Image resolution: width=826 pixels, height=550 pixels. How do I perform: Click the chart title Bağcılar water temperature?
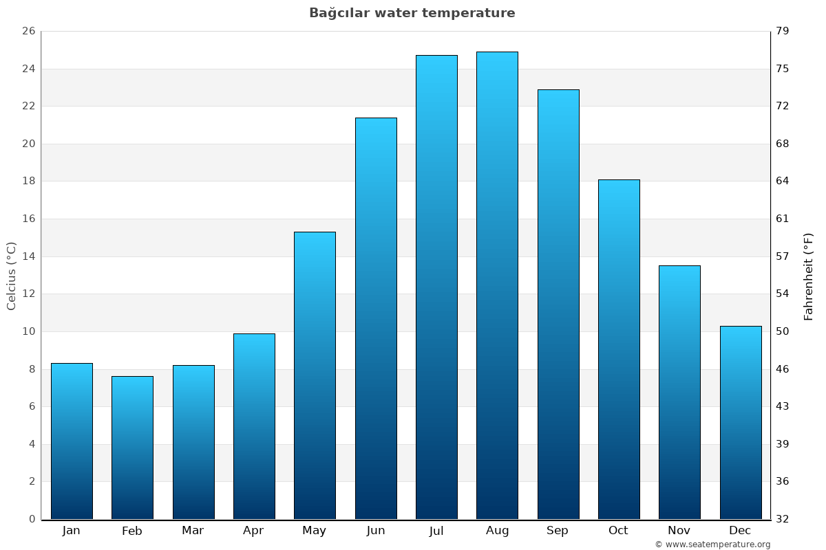412,13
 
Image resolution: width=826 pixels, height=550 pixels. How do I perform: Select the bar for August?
497,285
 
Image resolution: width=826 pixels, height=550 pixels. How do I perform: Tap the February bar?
132,448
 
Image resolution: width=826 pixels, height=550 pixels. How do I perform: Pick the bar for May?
315,375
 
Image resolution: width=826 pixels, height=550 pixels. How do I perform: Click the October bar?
619,349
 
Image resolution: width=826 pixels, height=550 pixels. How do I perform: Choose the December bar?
741,422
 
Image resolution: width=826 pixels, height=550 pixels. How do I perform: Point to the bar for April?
254,426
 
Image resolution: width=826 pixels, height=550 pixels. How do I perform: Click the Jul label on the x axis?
436,531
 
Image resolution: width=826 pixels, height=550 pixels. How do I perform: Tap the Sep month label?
558,531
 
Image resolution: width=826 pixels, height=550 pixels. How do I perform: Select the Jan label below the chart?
72,531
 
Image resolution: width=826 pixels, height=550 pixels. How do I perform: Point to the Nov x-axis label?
679,531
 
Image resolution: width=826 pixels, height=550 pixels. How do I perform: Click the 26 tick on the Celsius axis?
28,32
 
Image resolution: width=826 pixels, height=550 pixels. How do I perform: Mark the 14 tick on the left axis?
28,256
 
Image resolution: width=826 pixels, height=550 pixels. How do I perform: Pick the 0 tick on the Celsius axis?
32,519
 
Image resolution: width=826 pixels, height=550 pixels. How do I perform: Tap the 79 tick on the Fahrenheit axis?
783,32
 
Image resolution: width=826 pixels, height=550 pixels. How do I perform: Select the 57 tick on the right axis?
783,256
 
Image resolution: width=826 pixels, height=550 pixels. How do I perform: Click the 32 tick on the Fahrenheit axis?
783,519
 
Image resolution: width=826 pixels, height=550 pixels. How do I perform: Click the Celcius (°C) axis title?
12,276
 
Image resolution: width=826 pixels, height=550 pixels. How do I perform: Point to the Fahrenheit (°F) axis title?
809,276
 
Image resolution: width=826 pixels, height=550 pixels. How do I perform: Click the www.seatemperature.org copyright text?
712,544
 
